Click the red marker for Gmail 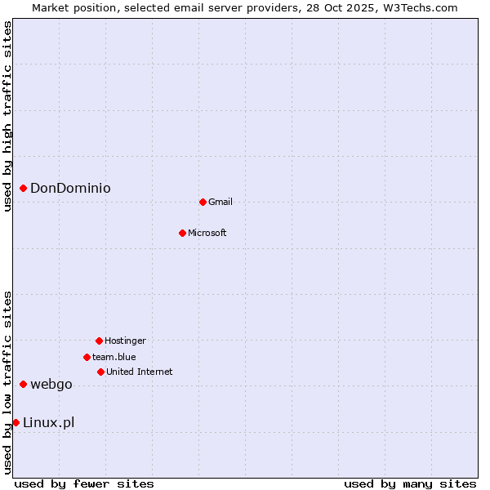coord(203,202)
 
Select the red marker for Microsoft coord(182,233)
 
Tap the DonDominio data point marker coord(24,189)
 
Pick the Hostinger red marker coord(99,341)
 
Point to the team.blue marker coord(87,357)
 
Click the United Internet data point coord(100,372)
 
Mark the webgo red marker coord(24,384)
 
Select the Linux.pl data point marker coord(16,422)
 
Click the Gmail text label coord(220,202)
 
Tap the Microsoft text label coord(207,233)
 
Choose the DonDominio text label coord(70,189)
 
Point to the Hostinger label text coord(125,341)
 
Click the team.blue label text coord(114,357)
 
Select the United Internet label coord(140,372)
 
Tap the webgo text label coord(51,385)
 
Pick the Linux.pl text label coord(49,422)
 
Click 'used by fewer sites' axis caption coord(84,483)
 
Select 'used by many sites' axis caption coord(410,483)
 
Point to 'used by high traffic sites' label coord(7,116)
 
